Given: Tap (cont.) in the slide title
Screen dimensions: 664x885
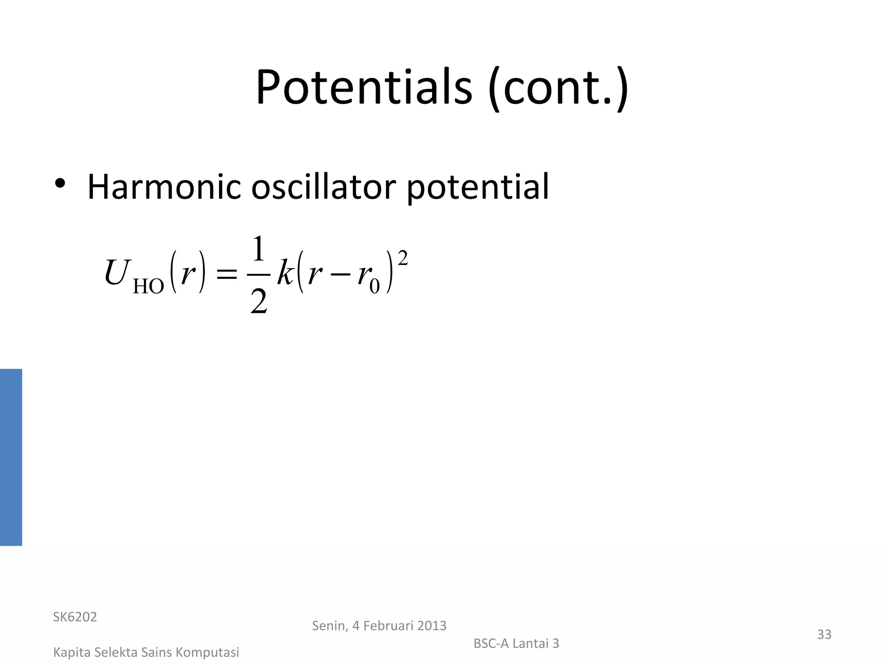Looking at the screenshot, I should pyautogui.click(x=558, y=88).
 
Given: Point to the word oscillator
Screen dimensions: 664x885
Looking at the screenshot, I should pyautogui.click(x=323, y=187).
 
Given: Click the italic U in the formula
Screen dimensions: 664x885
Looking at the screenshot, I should pyautogui.click(x=117, y=272).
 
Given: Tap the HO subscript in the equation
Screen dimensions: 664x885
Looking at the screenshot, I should pyautogui.click(x=148, y=286).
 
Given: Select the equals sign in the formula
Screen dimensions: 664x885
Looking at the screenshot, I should pyautogui.click(x=226, y=274).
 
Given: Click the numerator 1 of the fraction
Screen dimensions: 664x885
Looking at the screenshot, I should pyautogui.click(x=258, y=249).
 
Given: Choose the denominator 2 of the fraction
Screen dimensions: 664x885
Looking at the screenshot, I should pyautogui.click(x=259, y=301).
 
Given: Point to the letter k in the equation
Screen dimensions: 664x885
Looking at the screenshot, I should pyautogui.click(x=286, y=272).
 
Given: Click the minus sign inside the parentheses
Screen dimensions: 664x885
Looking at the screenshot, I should pyautogui.click(x=340, y=275).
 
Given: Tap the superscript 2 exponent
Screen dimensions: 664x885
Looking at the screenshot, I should pyautogui.click(x=402, y=258).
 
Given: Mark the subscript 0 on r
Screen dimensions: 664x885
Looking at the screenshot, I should pyautogui.click(x=374, y=286).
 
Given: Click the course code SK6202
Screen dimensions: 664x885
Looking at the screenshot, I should pyautogui.click(x=75, y=617).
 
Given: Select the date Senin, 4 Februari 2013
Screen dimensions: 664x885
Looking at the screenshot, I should pyautogui.click(x=379, y=626).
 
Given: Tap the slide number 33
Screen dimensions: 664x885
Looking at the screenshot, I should pyautogui.click(x=824, y=634).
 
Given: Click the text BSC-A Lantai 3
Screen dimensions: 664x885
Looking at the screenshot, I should pyautogui.click(x=516, y=644).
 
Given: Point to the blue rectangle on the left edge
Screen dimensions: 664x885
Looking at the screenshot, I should pyautogui.click(x=11, y=457).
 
